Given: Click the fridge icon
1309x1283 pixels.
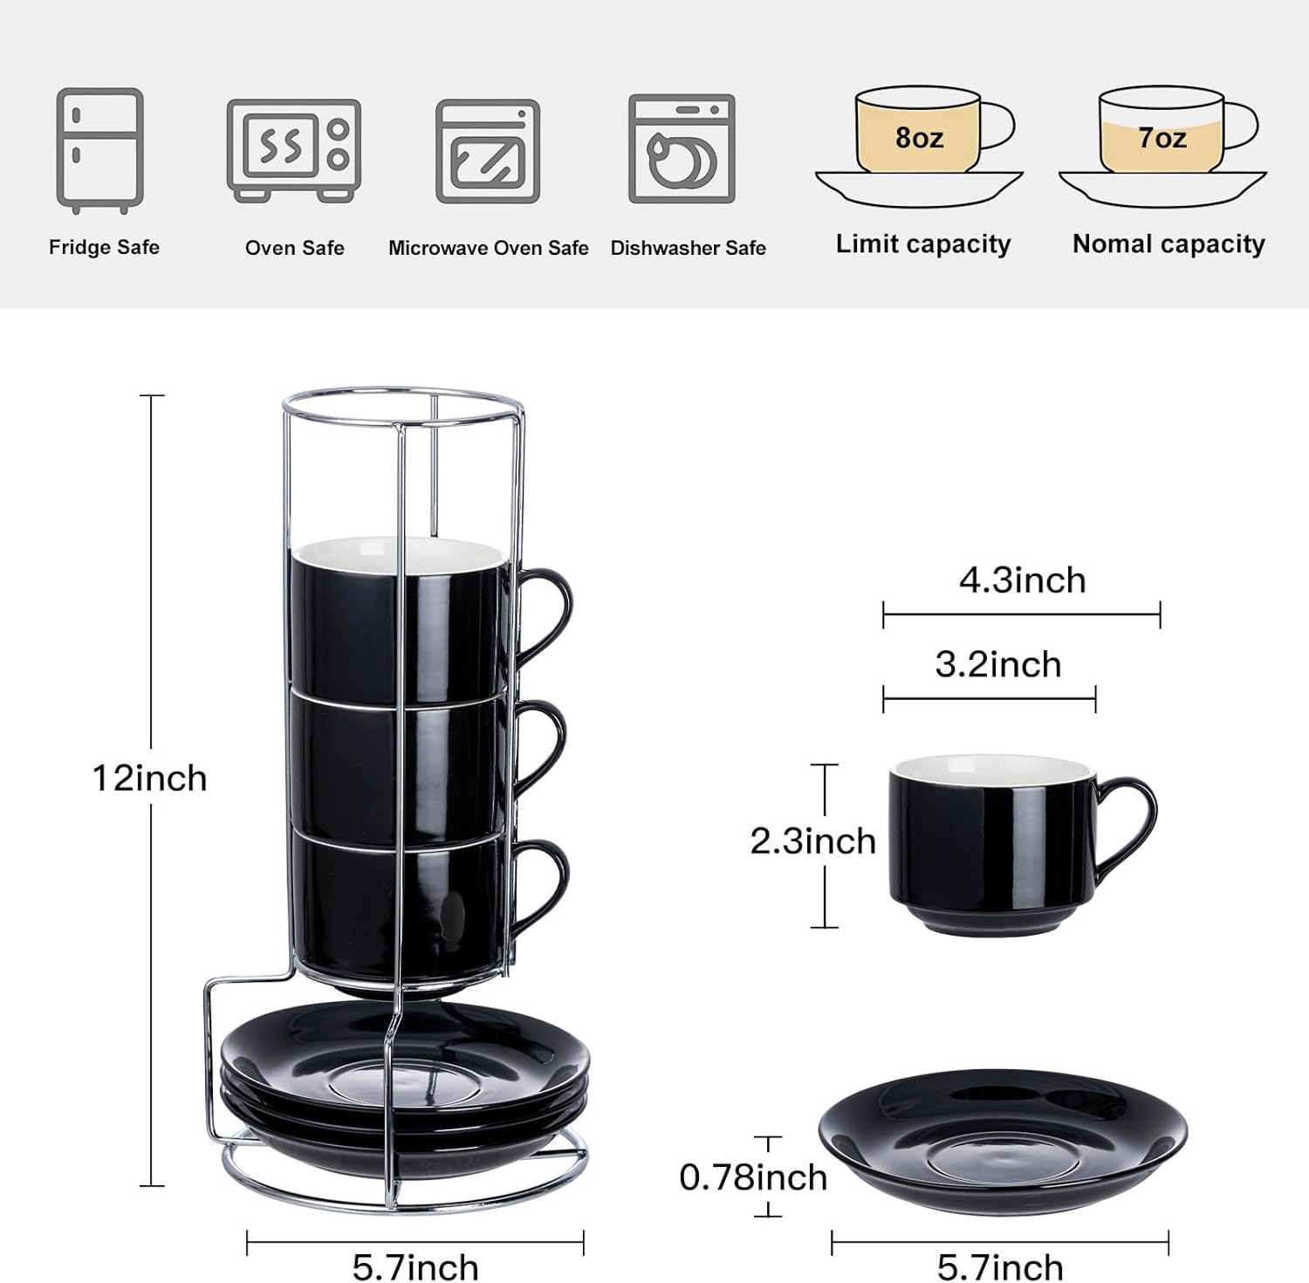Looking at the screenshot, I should pos(99,150).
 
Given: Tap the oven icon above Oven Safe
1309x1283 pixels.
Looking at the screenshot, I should pos(293,150).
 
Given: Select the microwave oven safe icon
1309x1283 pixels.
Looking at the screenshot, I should pos(487,151).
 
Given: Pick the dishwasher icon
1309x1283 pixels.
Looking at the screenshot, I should pos(682,149).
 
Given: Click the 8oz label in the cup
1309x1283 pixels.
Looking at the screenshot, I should pos(919,138).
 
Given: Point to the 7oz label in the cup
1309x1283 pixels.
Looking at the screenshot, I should pos(1162,138).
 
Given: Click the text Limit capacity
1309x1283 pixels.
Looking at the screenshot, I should pos(922,244).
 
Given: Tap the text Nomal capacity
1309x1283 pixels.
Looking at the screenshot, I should pos(1169,244).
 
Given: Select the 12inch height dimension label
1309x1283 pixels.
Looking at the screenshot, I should pos(150,778).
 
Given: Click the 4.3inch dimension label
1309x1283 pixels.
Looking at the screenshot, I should pos(1022,580).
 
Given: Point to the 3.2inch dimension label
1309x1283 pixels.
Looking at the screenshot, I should pos(997,665).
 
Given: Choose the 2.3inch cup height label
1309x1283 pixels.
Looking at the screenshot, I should pos(812,841).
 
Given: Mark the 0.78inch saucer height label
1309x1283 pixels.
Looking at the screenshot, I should pos(752,1177).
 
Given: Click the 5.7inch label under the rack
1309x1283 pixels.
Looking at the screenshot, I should pos(415,1266).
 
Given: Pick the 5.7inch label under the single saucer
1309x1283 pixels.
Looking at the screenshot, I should pos(1000,1266).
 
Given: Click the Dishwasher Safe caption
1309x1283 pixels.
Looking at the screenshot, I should pos(688,248).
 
